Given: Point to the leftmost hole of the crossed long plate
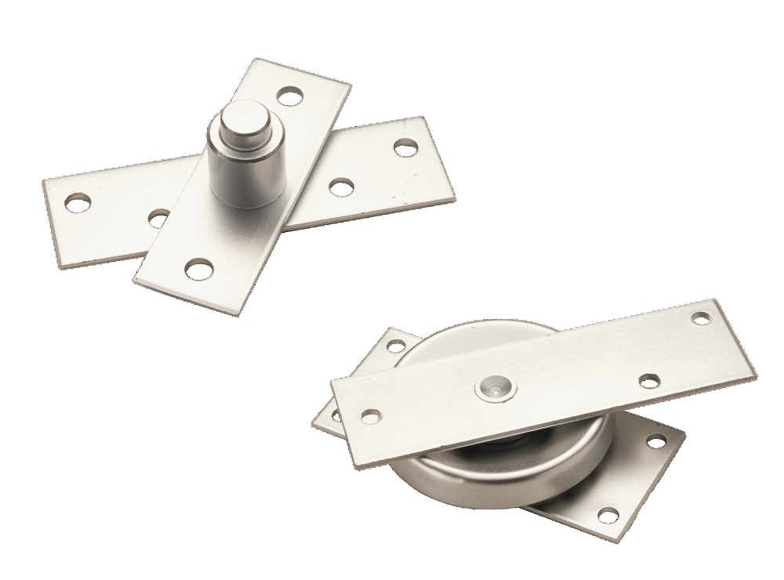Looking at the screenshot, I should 77,203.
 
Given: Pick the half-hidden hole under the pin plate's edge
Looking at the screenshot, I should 158,217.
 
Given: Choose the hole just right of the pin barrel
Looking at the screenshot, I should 339,187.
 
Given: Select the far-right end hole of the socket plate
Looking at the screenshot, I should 702,317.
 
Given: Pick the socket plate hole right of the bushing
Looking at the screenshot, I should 648,380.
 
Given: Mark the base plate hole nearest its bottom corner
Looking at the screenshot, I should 604,513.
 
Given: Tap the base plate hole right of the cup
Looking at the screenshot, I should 652,441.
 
